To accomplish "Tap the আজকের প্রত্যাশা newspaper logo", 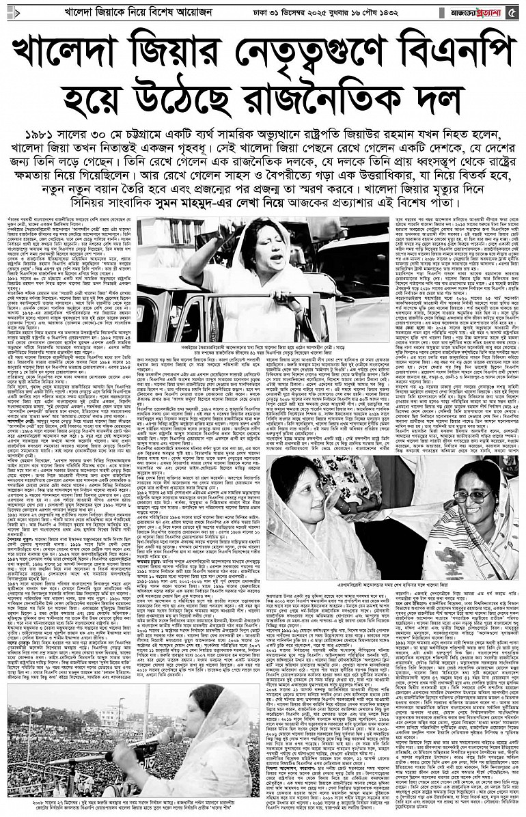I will coord(477,12).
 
